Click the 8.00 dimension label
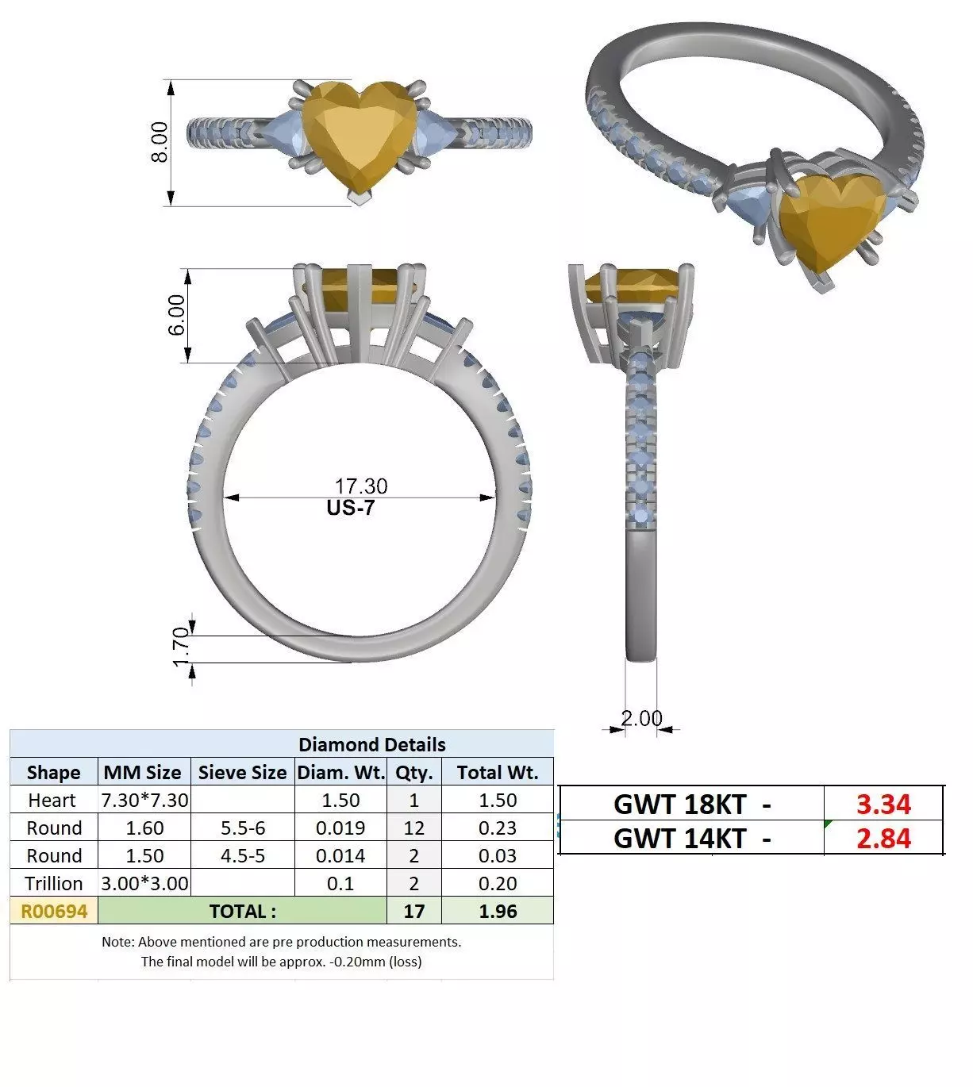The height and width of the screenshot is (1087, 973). coord(160,143)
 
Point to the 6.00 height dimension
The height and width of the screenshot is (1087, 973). coord(176,315)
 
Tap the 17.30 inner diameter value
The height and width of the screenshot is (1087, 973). coord(361,486)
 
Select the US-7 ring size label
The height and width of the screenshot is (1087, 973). coord(350,508)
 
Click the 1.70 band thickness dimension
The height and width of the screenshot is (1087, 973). coord(181,647)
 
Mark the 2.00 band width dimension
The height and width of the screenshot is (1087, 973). coord(641,718)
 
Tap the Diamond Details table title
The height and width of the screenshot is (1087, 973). coord(371,744)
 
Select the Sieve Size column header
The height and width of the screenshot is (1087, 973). coord(242,772)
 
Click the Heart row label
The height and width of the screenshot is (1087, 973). coord(52,800)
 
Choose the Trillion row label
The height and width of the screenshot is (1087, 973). coord(53,883)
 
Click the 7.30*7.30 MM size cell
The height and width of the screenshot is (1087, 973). coord(144,800)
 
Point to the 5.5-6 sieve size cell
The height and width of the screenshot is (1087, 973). coord(242,828)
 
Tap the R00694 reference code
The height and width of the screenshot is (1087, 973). coord(53,911)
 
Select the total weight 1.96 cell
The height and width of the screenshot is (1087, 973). coord(498,911)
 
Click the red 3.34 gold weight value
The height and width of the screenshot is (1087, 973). coord(883,804)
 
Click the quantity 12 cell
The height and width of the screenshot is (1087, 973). coord(413,828)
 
